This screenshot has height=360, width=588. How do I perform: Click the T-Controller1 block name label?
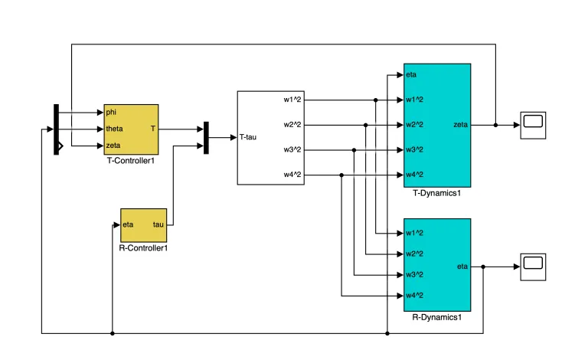130,161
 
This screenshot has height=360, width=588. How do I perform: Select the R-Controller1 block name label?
143,248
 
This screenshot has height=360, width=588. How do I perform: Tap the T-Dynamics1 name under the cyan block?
437,193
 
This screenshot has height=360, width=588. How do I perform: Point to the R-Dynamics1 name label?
437,317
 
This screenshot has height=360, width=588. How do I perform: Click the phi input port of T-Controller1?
111,112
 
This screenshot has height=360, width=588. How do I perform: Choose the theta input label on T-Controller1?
114,129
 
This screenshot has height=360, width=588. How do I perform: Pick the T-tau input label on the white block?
248,137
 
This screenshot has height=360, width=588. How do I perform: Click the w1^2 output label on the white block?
292,100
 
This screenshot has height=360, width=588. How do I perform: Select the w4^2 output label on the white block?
292,175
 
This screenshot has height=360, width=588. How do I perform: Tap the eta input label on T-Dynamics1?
411,74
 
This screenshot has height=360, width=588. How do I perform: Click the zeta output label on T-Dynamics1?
460,125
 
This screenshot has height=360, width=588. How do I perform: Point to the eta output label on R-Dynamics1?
462,267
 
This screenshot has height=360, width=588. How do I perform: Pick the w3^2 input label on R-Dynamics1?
414,275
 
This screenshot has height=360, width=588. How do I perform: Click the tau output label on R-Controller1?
158,224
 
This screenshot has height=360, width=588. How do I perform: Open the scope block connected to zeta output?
533,126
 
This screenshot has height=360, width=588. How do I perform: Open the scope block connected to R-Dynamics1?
533,267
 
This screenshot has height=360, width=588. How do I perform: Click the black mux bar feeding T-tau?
206,138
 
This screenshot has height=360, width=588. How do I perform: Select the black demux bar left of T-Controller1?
56,129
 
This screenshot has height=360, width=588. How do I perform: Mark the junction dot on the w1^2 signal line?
376,100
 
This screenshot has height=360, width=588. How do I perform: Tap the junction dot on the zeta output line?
496,126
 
